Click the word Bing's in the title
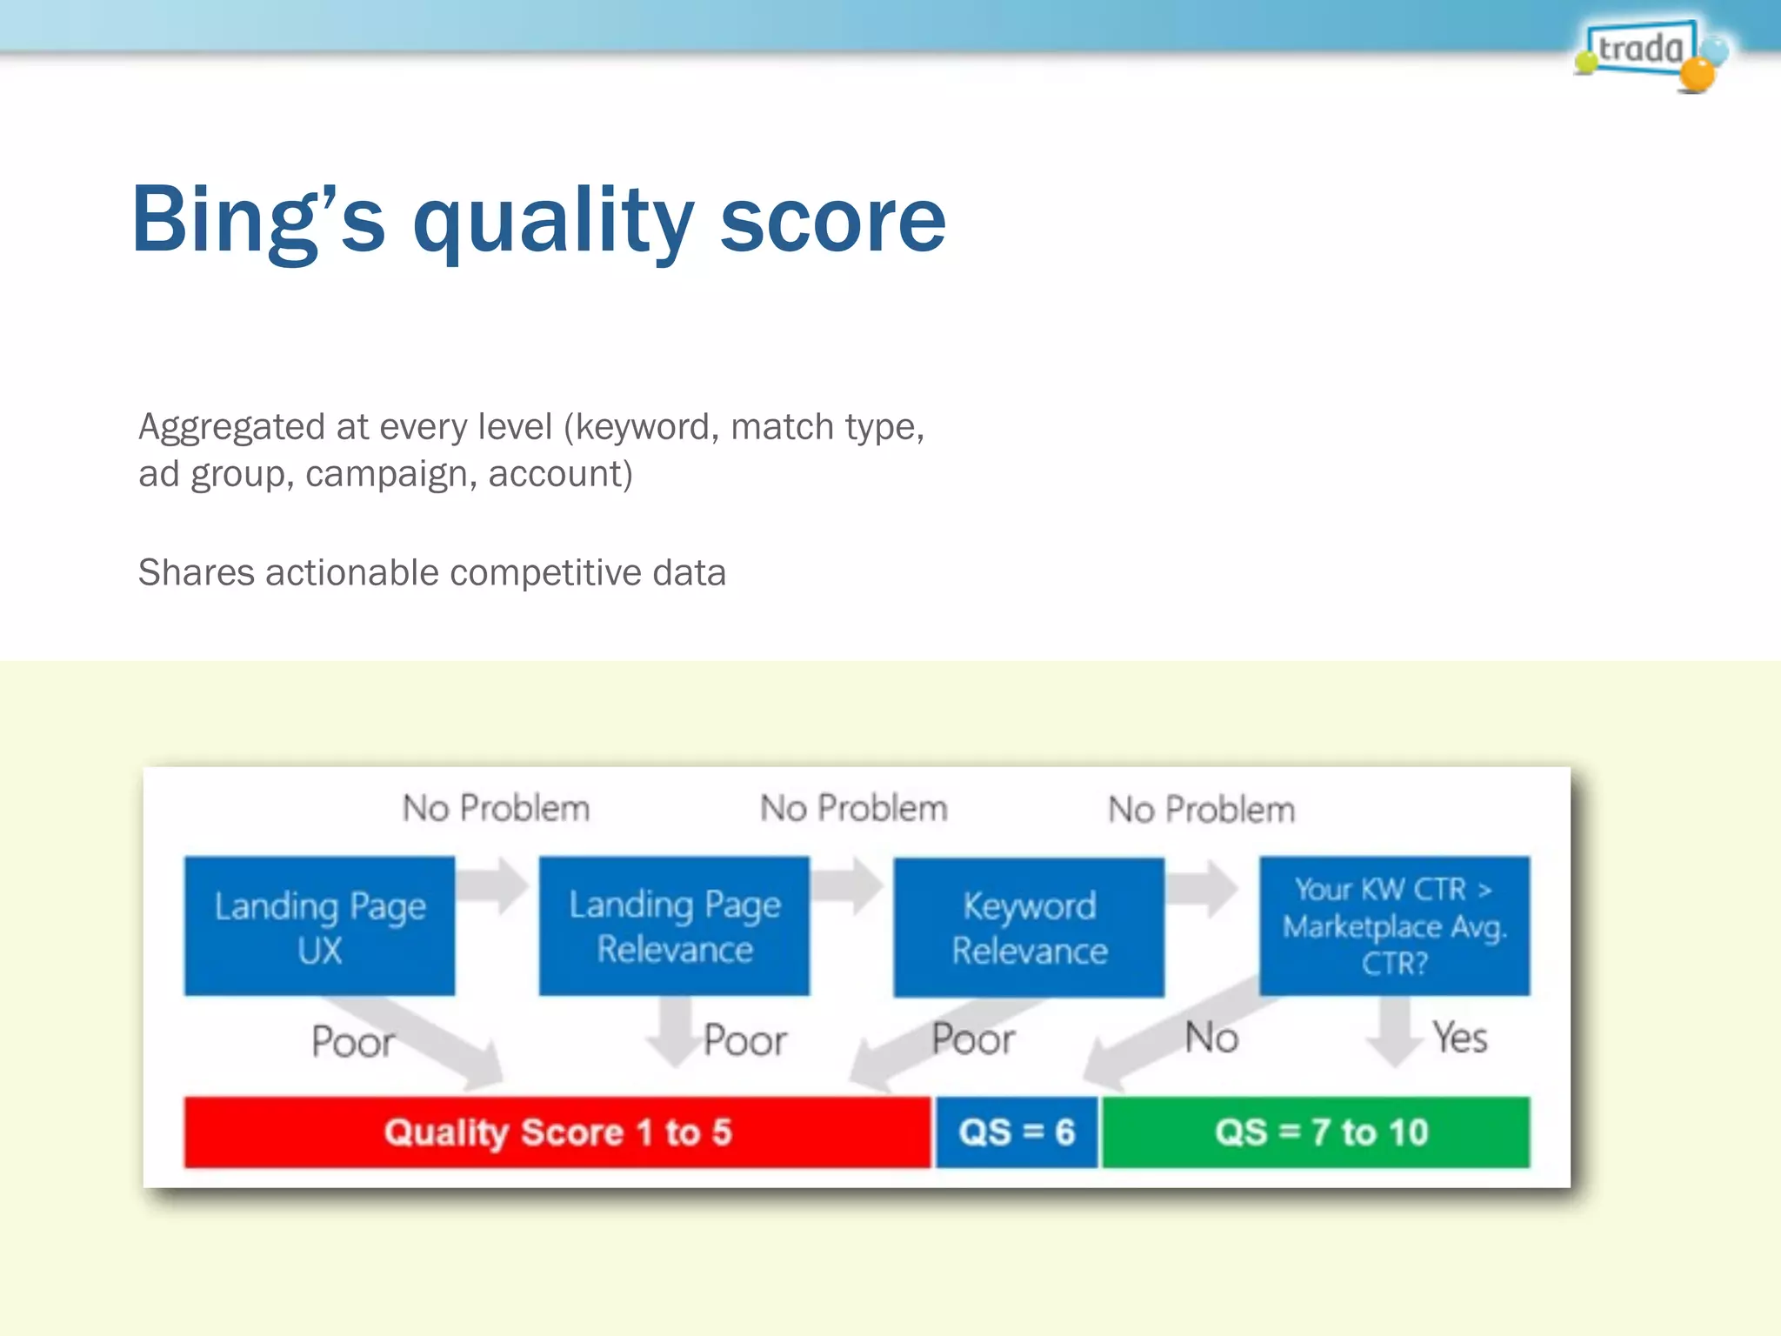(257, 221)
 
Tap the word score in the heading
(832, 221)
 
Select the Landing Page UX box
(319, 926)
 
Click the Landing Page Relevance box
(674, 926)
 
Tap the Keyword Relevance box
(1029, 927)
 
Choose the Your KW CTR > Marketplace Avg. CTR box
(1394, 926)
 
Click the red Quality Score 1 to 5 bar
(557, 1132)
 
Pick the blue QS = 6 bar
(1016, 1132)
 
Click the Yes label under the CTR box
(1460, 1038)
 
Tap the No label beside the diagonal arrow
(1211, 1038)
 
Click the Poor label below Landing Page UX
(352, 1042)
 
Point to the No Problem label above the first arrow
(496, 809)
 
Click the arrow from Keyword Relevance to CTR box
(1204, 888)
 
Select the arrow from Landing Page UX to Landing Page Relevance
(493, 885)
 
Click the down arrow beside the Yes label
(1395, 1031)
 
